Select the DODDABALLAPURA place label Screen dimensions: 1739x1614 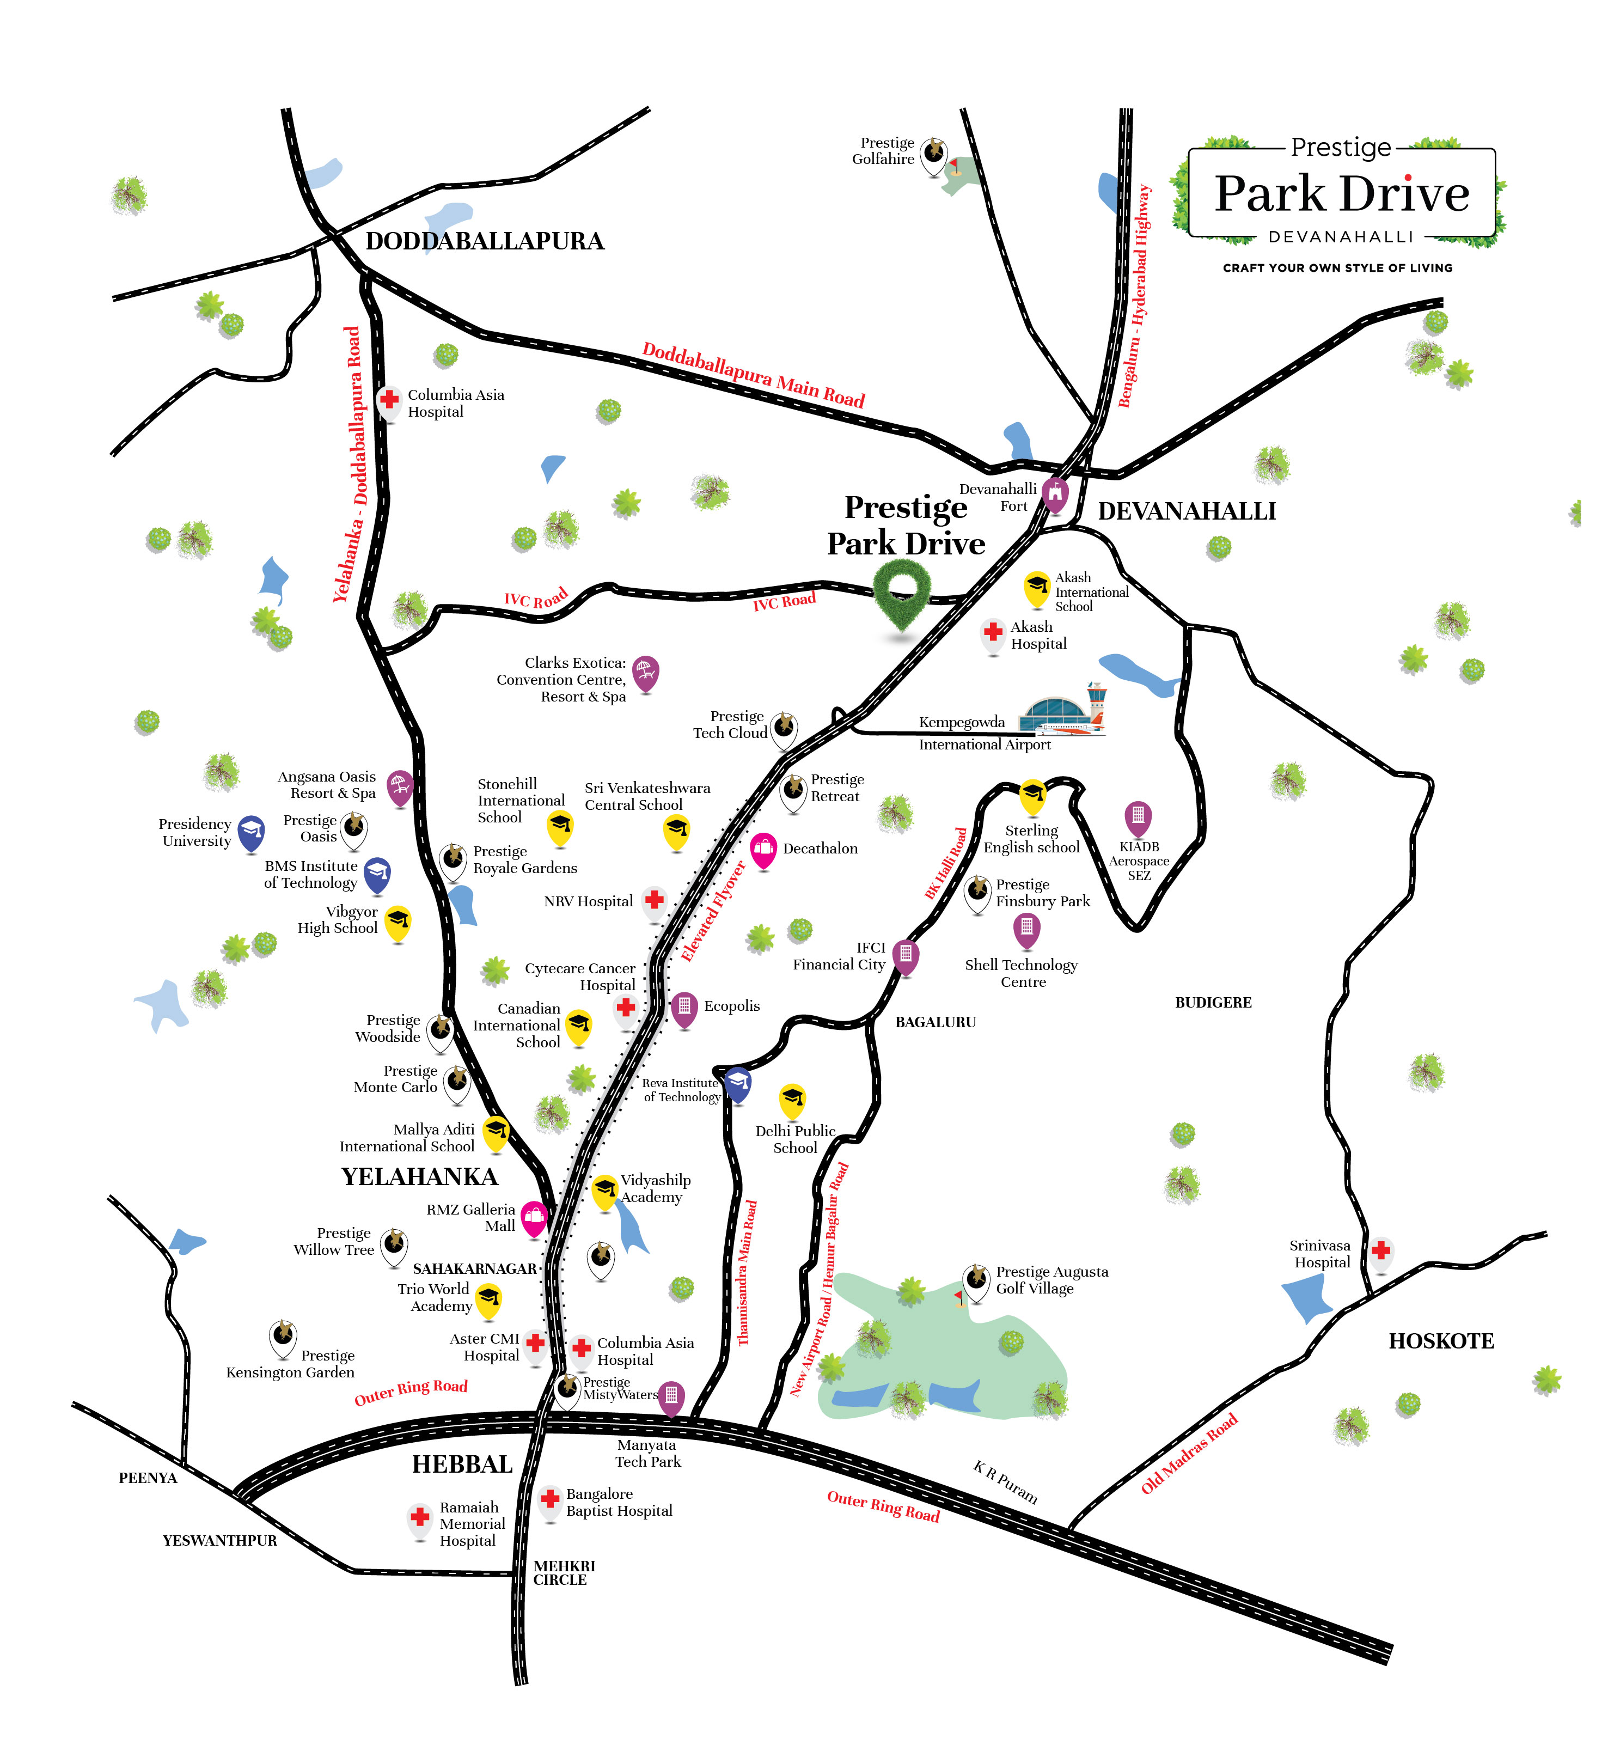[x=485, y=241]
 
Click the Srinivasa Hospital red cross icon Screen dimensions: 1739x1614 [x=1381, y=1251]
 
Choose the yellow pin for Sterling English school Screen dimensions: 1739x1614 [x=1032, y=795]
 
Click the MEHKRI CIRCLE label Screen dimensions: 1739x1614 [x=564, y=1572]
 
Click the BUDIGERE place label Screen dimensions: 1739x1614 [x=1213, y=1003]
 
